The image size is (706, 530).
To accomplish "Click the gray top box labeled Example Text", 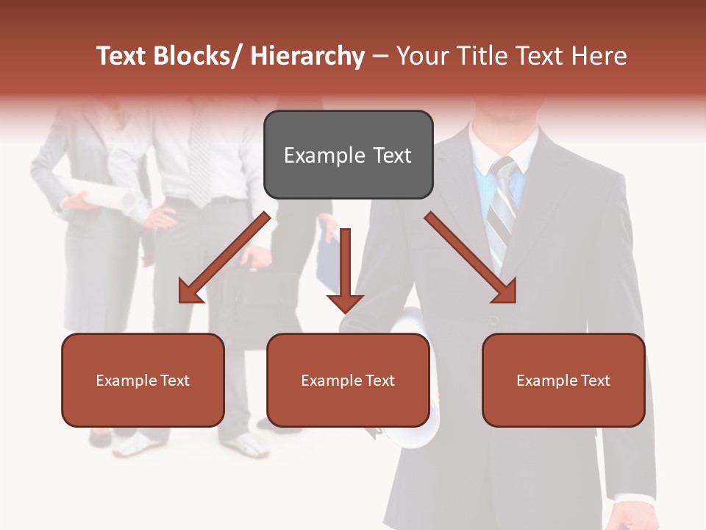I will click(x=348, y=155).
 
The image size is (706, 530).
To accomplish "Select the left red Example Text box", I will click(x=143, y=380).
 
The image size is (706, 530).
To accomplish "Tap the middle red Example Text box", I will click(x=348, y=380).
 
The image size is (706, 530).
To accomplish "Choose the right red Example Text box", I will click(x=563, y=380).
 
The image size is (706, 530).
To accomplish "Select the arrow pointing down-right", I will click(x=471, y=258).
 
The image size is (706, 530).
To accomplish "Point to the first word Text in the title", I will click(x=123, y=56).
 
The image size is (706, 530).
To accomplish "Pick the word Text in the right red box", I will click(x=595, y=380).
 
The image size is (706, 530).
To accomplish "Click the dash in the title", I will click(x=380, y=57).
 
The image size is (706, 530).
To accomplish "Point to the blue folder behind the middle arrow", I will click(x=328, y=258).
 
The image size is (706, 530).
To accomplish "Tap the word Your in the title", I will click(x=421, y=56).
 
